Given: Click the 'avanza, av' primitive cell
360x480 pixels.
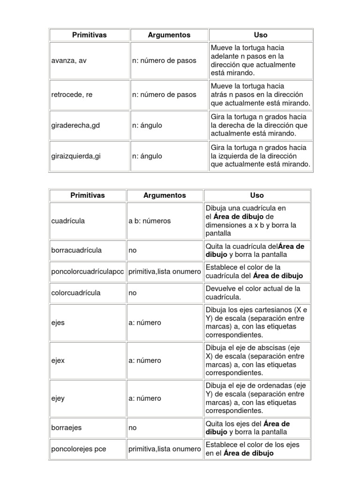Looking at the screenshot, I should (69, 60).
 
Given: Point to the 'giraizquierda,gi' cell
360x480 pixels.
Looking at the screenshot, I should (76, 156).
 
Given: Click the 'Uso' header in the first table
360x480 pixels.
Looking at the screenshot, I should (261, 35).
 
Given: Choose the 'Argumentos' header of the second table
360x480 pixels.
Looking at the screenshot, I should (165, 195).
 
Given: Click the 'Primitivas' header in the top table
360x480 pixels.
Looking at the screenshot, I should (89, 35).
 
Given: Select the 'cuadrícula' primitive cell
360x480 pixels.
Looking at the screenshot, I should (68, 221).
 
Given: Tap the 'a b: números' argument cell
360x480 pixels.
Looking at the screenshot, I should (150, 221).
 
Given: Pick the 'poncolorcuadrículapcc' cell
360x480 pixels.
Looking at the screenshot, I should (88, 272).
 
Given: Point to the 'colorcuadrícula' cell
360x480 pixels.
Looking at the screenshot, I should (75, 293).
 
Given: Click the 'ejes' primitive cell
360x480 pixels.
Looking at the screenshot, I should (58, 322).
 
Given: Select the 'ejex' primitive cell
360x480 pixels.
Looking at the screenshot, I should (59, 360).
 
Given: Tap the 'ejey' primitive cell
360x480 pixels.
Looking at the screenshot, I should (59, 398).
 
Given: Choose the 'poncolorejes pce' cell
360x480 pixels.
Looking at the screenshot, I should (79, 449).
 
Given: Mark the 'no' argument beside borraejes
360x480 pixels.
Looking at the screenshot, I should (133, 428).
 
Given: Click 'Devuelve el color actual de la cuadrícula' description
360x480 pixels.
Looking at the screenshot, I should (253, 293).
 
